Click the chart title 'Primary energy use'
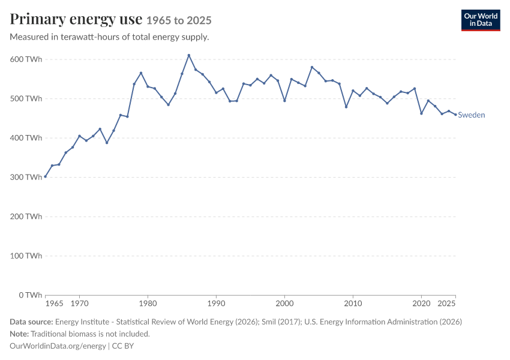[x=76, y=19]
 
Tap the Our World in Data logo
[x=481, y=20]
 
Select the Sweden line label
[x=471, y=115]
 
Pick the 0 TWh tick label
[x=30, y=295]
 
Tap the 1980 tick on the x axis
[x=148, y=304]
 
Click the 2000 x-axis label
[x=284, y=304]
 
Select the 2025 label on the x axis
[x=446, y=304]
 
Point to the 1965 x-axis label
[x=55, y=304]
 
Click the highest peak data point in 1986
[x=189, y=55]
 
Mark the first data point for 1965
[x=46, y=176]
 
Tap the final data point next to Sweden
[x=455, y=115]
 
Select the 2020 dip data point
[x=422, y=113]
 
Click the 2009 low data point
[x=346, y=107]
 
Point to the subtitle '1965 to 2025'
[x=179, y=20]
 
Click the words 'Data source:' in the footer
[x=31, y=322]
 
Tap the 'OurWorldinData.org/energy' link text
[x=58, y=346]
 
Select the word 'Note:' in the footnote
[x=19, y=334]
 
